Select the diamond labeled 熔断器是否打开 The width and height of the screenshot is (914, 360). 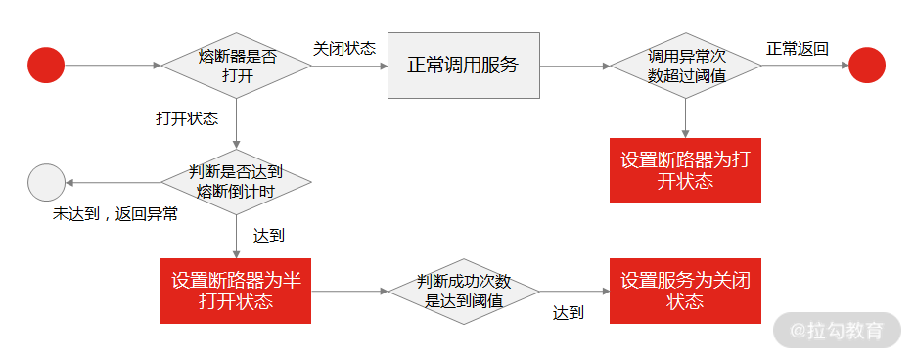(x=236, y=66)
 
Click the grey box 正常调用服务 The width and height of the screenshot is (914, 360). (x=463, y=66)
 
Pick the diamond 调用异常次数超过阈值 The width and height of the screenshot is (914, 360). (x=686, y=66)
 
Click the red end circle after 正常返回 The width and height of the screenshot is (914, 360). (x=866, y=66)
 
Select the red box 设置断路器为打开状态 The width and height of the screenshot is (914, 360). (x=685, y=171)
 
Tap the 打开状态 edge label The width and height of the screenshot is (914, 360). (x=187, y=118)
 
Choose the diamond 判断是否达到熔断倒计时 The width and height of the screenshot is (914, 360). (x=236, y=182)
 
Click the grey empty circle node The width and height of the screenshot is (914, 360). (x=46, y=182)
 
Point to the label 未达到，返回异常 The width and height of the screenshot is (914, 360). (x=115, y=214)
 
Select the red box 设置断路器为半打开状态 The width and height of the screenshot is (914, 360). (x=236, y=291)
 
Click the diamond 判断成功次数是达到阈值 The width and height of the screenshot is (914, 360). (x=464, y=292)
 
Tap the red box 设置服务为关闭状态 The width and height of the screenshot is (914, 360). (x=685, y=291)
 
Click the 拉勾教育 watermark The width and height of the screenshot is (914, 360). (x=837, y=331)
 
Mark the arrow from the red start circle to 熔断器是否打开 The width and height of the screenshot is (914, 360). (x=113, y=66)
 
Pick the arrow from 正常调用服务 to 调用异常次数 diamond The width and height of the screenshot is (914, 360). (x=574, y=66)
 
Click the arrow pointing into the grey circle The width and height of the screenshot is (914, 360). (x=113, y=182)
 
